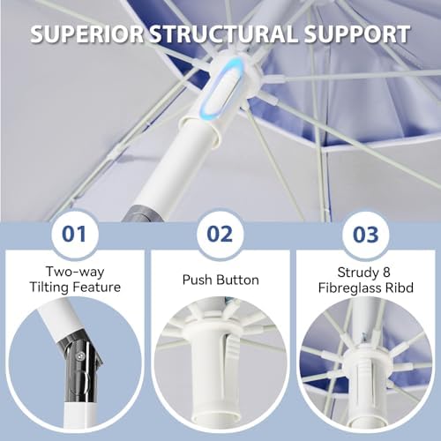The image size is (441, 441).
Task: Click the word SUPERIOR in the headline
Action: pyautogui.click(x=87, y=34)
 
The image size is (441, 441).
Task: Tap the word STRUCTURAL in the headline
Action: pyautogui.click(x=224, y=34)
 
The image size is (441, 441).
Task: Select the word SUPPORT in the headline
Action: pyautogui.click(x=357, y=34)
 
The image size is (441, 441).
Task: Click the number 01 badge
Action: pyautogui.click(x=74, y=235)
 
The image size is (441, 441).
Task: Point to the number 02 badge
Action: pyautogui.click(x=220, y=235)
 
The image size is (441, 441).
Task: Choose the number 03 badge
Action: pyautogui.click(x=365, y=235)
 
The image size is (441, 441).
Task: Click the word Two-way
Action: pyautogui.click(x=75, y=272)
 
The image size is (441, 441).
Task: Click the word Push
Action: pyautogui.click(x=197, y=280)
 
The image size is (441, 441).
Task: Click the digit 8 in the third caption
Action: pyautogui.click(x=386, y=273)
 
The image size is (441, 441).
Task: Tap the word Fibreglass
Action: pyautogui.click(x=349, y=288)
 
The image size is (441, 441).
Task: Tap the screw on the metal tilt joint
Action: pyautogui.click(x=79, y=356)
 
